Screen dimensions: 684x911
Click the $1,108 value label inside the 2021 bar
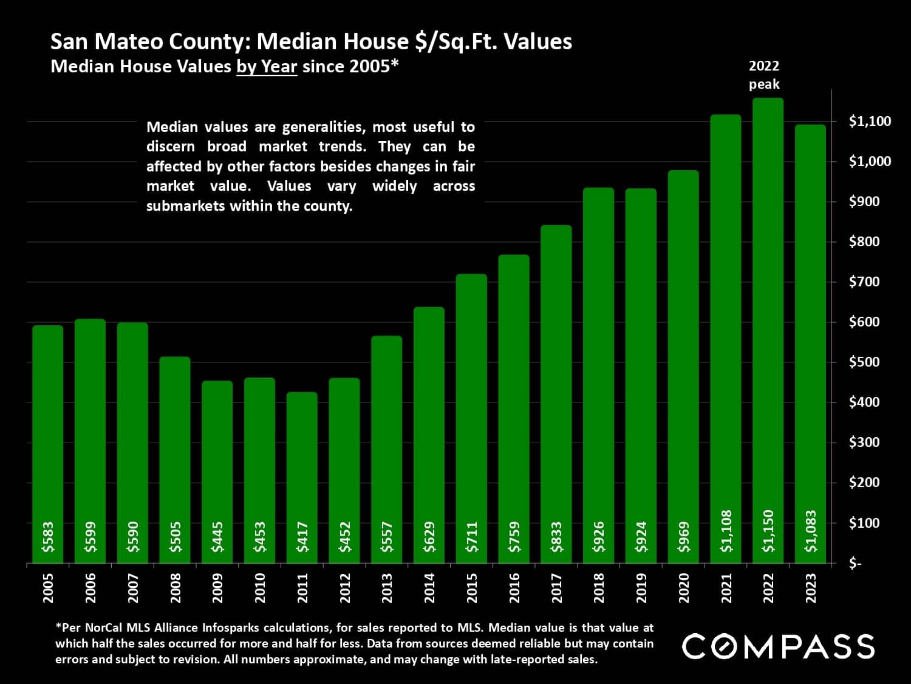pos(726,531)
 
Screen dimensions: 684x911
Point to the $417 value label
pos(302,537)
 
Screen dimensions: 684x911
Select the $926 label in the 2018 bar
pos(599,537)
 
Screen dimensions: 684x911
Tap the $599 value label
pos(90,537)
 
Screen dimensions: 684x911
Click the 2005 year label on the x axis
pos(48,588)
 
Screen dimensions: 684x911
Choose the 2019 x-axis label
pos(641,588)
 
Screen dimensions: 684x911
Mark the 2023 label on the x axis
pos(811,588)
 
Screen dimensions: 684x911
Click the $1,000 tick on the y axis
pos(870,161)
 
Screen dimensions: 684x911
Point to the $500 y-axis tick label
pos(864,362)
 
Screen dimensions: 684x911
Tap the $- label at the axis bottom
pos(855,564)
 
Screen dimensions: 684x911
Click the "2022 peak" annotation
pos(764,75)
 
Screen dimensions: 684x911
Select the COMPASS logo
pos(778,646)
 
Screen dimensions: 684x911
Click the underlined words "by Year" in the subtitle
pos(267,66)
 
